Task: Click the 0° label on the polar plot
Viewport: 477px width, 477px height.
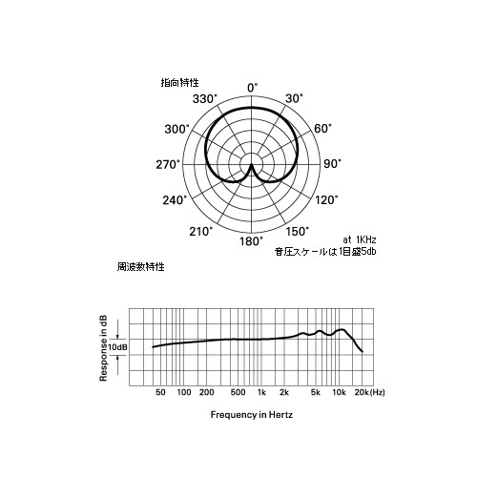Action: tap(253, 88)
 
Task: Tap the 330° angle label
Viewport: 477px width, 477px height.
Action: tap(205, 99)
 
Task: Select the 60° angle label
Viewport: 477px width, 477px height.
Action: tap(322, 129)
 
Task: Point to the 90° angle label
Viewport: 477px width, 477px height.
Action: tap(332, 164)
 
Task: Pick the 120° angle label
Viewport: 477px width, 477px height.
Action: tap(326, 200)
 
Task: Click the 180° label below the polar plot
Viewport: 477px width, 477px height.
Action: tap(252, 241)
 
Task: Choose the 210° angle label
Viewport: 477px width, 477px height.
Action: tap(200, 232)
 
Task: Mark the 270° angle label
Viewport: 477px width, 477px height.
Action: tap(168, 165)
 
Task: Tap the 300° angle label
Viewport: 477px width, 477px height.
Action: tap(176, 129)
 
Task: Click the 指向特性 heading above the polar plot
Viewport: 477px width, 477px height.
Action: tap(179, 83)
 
